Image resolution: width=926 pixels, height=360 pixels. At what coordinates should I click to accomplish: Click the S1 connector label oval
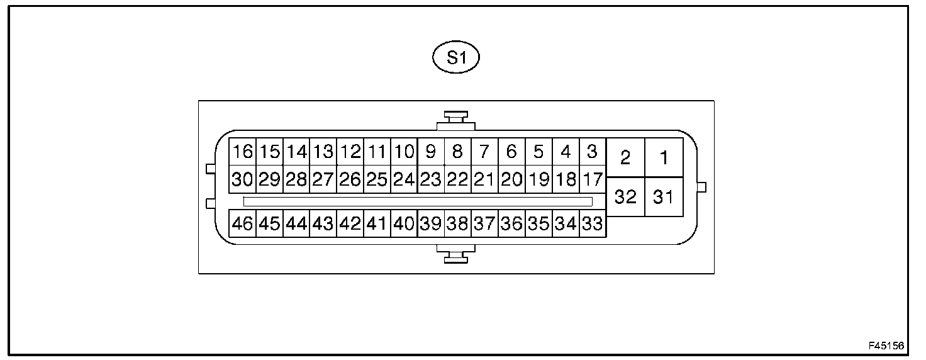(456, 58)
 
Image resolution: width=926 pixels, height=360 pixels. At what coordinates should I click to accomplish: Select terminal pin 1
(664, 157)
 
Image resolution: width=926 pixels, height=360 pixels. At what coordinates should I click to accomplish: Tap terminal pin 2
(625, 157)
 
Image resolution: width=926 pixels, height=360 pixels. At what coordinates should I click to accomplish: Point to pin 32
(625, 197)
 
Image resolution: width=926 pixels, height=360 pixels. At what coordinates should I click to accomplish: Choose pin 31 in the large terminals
(664, 197)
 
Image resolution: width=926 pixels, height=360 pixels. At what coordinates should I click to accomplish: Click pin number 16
(242, 152)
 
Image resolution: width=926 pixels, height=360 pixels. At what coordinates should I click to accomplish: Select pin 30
(242, 179)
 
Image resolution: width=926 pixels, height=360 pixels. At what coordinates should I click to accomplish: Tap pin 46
(242, 223)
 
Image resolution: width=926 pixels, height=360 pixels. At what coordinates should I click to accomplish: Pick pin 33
(592, 223)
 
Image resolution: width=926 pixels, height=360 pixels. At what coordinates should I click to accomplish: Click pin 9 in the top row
(431, 152)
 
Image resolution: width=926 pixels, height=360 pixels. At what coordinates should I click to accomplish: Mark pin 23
(431, 179)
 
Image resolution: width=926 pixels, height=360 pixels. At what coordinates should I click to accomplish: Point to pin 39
(431, 223)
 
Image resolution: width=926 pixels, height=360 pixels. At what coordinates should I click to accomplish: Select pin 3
(592, 152)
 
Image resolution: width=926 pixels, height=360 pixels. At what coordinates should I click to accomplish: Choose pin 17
(592, 179)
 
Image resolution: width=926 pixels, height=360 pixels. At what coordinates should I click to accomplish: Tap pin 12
(350, 152)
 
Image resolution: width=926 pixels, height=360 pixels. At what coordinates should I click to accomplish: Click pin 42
(350, 223)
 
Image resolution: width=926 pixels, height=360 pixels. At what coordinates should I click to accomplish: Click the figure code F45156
(886, 346)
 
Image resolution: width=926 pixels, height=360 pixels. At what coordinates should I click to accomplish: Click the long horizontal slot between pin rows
(418, 201)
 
